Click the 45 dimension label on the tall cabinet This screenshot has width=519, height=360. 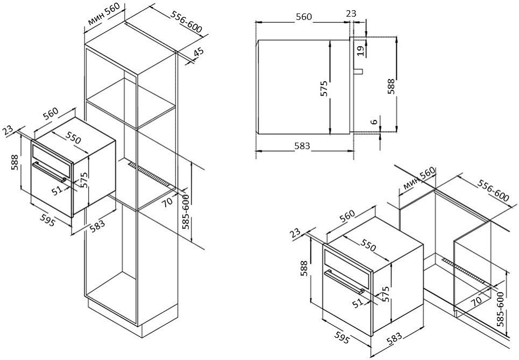(198, 53)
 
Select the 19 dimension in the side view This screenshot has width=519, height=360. (360, 50)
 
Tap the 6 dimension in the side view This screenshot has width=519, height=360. (374, 121)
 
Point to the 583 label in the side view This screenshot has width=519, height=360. (302, 146)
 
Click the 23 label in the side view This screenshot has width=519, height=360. (351, 13)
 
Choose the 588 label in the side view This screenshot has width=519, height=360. (391, 87)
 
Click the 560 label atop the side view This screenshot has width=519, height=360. (304, 17)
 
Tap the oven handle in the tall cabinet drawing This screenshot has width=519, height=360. (48, 171)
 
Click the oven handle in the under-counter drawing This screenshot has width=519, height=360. (344, 282)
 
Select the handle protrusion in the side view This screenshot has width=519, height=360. (359, 71)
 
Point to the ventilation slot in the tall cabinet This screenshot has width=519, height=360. (150, 174)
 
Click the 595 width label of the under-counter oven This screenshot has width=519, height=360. (342, 338)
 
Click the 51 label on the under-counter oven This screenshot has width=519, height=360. (358, 303)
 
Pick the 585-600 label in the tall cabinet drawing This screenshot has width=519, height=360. (186, 212)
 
